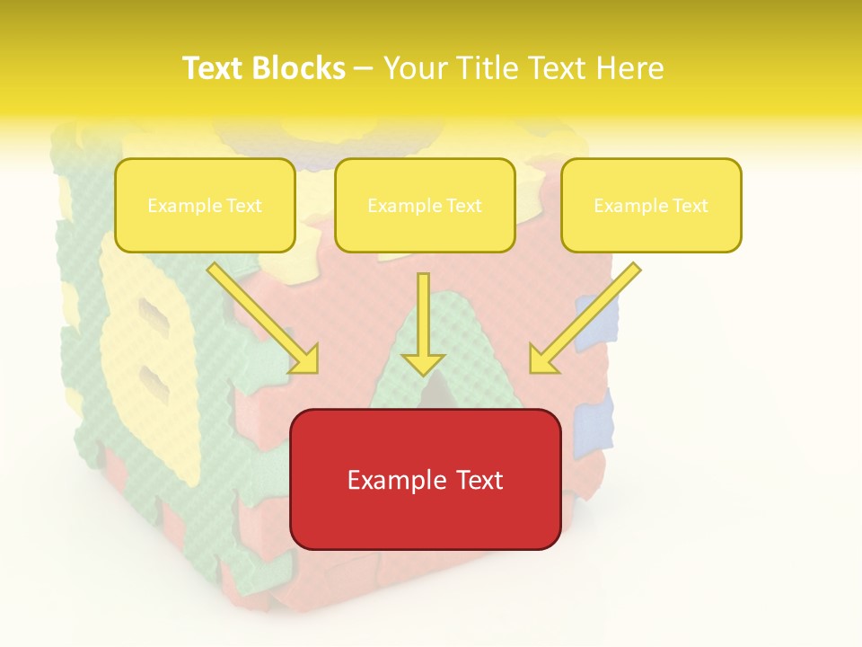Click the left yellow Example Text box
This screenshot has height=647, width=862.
click(205, 205)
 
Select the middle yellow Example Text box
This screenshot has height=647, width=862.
click(425, 205)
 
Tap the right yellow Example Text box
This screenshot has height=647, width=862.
click(651, 205)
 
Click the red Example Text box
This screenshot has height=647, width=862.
click(425, 479)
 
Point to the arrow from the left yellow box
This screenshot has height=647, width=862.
click(262, 317)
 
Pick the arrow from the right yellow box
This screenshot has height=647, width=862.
click(585, 317)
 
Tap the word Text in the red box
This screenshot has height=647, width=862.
click(479, 480)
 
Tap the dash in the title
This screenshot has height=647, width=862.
click(364, 68)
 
